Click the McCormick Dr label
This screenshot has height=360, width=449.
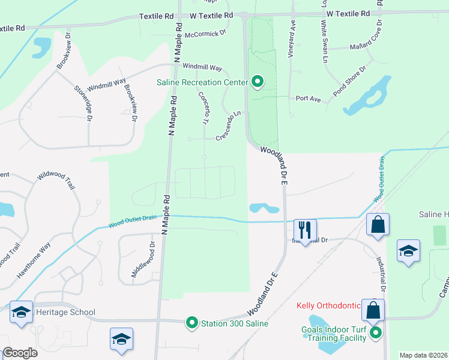205,34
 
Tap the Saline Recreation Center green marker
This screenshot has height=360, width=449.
258,81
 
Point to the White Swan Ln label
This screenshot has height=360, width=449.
324,43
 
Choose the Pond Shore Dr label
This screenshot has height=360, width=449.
350,80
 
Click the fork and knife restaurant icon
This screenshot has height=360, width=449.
305,229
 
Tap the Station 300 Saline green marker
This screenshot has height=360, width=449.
192,323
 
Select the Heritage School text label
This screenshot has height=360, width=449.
65,312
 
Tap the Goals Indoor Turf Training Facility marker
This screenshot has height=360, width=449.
376,332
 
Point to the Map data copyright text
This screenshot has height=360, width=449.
423,355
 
